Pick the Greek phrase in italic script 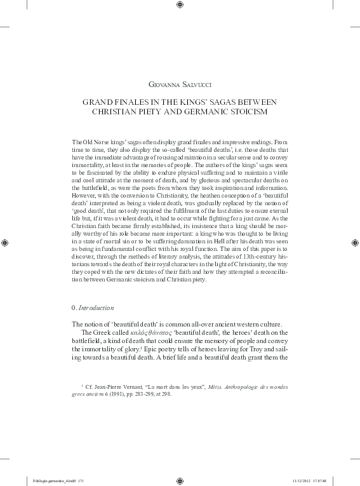click(x=152, y=332)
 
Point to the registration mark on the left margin click(x=6, y=242)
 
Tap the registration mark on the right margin click(x=353, y=242)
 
